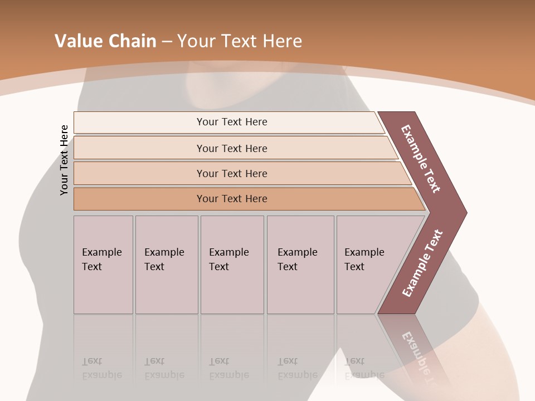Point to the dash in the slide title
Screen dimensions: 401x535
(167, 42)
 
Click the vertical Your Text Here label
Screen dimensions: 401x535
(64, 160)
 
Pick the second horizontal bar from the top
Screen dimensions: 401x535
(231, 148)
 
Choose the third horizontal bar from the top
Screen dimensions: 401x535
(231, 173)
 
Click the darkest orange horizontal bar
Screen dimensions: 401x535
(231, 199)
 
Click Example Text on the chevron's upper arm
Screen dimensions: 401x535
(421, 159)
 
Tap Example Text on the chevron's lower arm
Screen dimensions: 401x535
(422, 263)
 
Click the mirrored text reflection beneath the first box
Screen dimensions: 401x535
(102, 368)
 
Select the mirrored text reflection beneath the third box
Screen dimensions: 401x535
(229, 368)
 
